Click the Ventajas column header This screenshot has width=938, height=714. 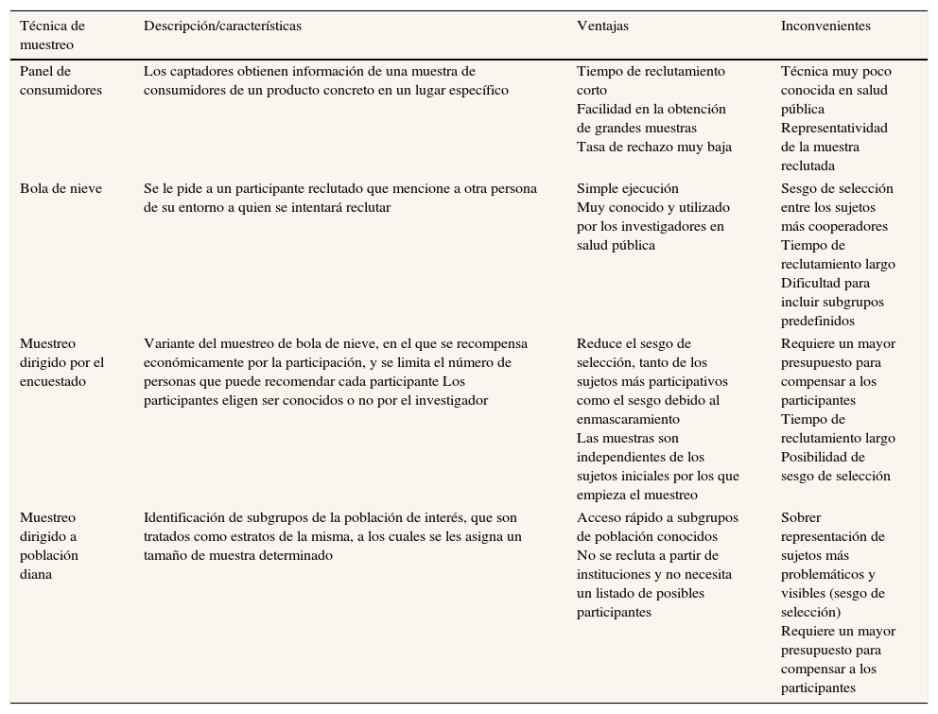coord(602,26)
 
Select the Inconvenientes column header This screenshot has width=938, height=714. coord(825,26)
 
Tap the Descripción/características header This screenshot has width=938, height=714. coord(222,26)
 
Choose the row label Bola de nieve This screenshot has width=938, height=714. coord(61,189)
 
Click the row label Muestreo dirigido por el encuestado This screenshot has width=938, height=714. coord(61,363)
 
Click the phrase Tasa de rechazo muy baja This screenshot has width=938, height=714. coord(653,148)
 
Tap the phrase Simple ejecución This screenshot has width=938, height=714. coord(627,189)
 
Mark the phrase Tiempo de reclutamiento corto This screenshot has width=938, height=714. coord(651,80)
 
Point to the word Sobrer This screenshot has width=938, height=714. coord(801,518)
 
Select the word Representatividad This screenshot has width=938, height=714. coord(834,129)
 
